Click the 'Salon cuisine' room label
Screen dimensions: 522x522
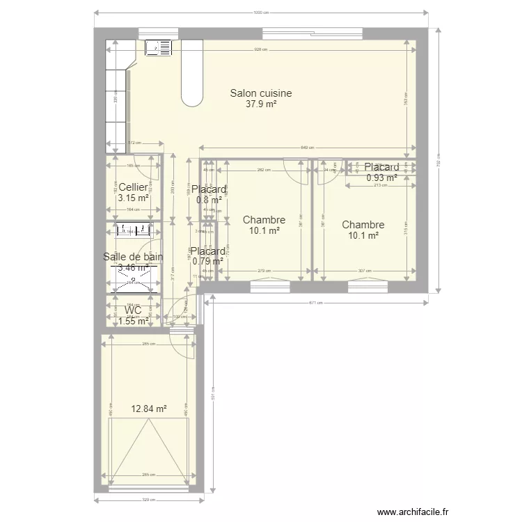pos(261,93)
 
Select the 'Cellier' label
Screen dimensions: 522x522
pos(133,187)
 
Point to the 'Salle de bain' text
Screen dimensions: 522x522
pos(133,257)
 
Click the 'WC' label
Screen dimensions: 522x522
pos(133,310)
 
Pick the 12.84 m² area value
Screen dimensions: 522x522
pos(149,409)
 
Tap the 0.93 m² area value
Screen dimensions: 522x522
pos(381,177)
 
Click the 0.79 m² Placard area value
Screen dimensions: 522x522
pos(208,262)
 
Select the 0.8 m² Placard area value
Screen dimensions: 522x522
pos(208,200)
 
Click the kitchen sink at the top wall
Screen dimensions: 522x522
pos(159,47)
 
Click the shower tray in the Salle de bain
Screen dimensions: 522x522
pos(133,280)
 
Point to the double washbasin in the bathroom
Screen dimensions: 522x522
pos(133,230)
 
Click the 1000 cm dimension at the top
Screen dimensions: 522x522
pos(260,13)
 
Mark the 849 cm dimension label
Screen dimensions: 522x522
pos(308,148)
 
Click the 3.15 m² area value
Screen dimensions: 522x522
pos(133,198)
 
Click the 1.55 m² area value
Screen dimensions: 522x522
pos(133,321)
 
